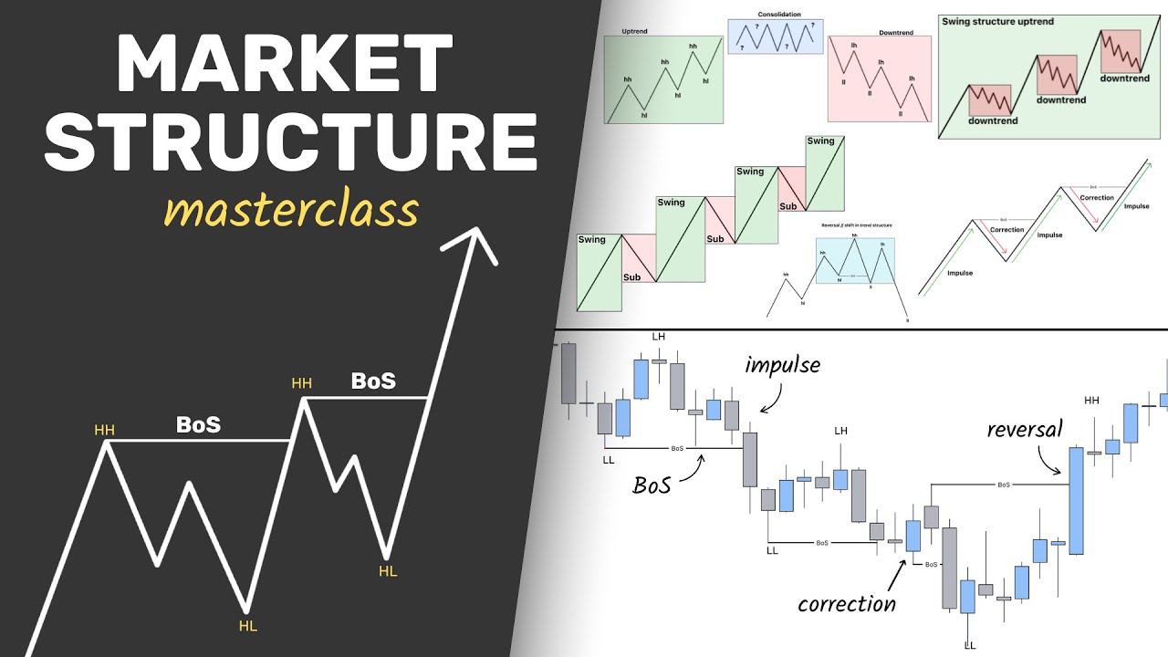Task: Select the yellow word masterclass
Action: click(290, 211)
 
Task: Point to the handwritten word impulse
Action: click(782, 365)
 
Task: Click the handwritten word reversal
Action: click(1025, 429)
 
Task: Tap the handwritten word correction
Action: click(846, 603)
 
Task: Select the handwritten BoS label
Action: click(652, 485)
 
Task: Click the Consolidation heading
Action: click(777, 14)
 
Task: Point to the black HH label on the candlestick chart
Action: click(1091, 401)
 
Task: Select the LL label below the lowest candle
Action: click(969, 645)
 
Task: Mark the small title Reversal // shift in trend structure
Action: click(855, 224)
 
